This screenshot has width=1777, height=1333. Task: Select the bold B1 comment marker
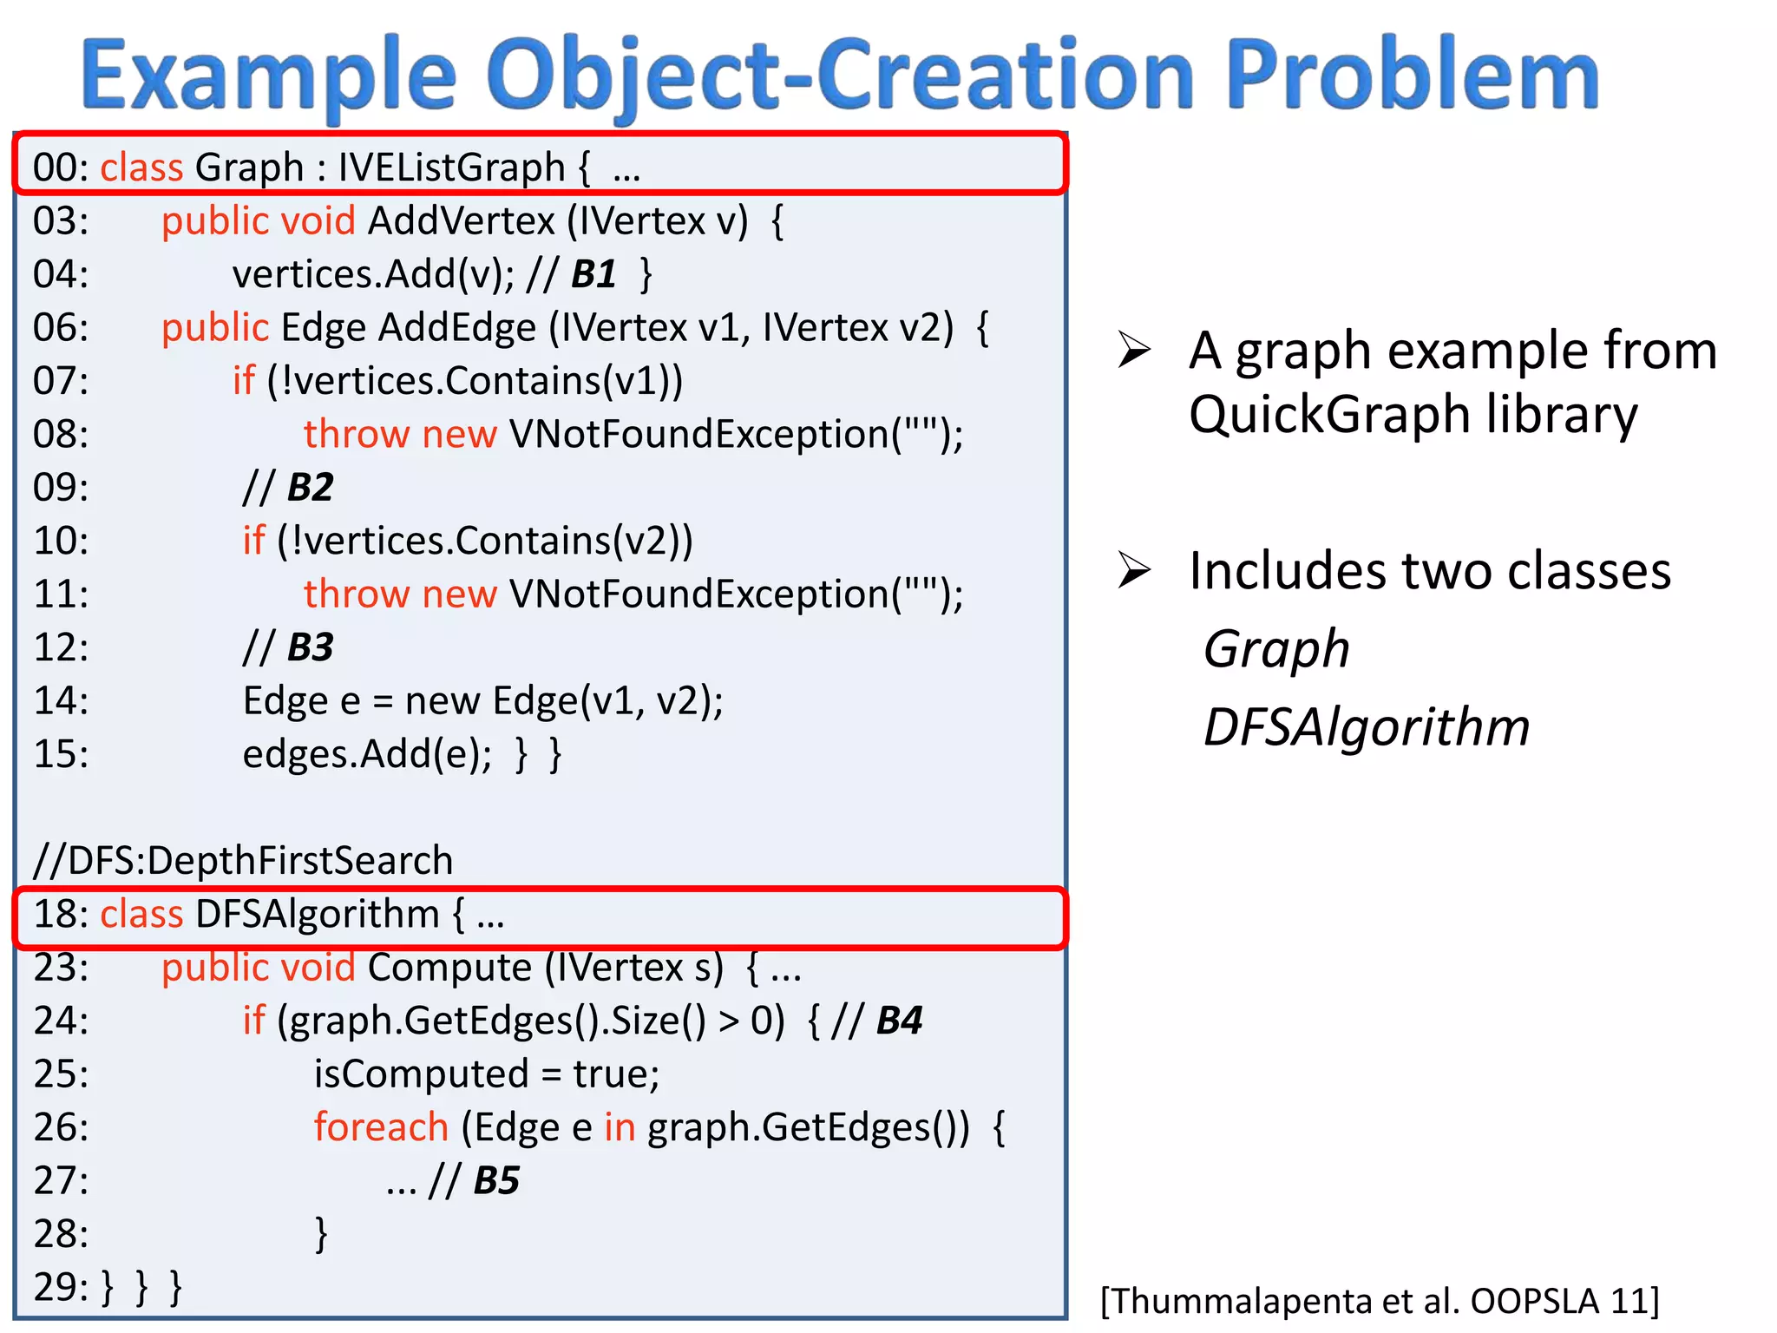pos(593,275)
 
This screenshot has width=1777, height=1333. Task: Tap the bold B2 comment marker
pos(310,488)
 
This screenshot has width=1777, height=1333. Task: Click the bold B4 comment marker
pos(899,1021)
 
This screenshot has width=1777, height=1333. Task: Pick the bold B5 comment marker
pos(496,1181)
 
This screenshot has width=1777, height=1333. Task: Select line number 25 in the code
pos(61,1074)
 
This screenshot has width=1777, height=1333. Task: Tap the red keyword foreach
pos(381,1127)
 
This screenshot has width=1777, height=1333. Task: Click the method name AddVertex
pos(461,221)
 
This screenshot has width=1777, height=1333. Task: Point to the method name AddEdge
pos(457,328)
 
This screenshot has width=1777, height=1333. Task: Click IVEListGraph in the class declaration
pos(451,167)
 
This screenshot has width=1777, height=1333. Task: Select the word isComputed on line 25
pos(421,1074)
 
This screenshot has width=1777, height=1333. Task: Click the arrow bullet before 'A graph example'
pos(1134,351)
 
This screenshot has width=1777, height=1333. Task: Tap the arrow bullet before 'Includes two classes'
pos(1134,570)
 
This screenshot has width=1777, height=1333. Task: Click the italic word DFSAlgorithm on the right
pos(1366,727)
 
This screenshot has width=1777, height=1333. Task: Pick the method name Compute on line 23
pos(449,968)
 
